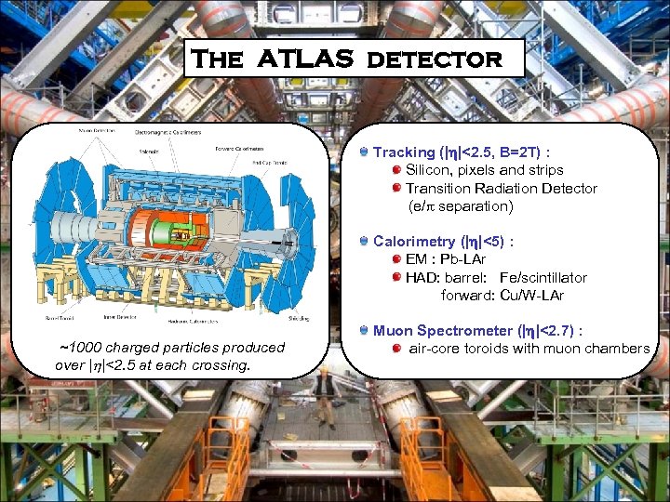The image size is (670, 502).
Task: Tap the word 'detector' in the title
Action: [435, 59]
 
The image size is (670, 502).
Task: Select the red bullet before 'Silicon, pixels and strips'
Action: [397, 170]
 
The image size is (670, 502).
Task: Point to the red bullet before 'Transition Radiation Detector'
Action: [397, 189]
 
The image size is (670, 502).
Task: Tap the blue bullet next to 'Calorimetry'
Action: [365, 241]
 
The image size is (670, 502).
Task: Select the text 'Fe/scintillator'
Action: [543, 277]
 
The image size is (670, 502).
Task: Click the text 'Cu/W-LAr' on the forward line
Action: [532, 296]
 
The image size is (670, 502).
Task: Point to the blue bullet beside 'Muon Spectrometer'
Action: [365, 330]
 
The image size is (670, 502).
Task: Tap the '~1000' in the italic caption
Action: [79, 348]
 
